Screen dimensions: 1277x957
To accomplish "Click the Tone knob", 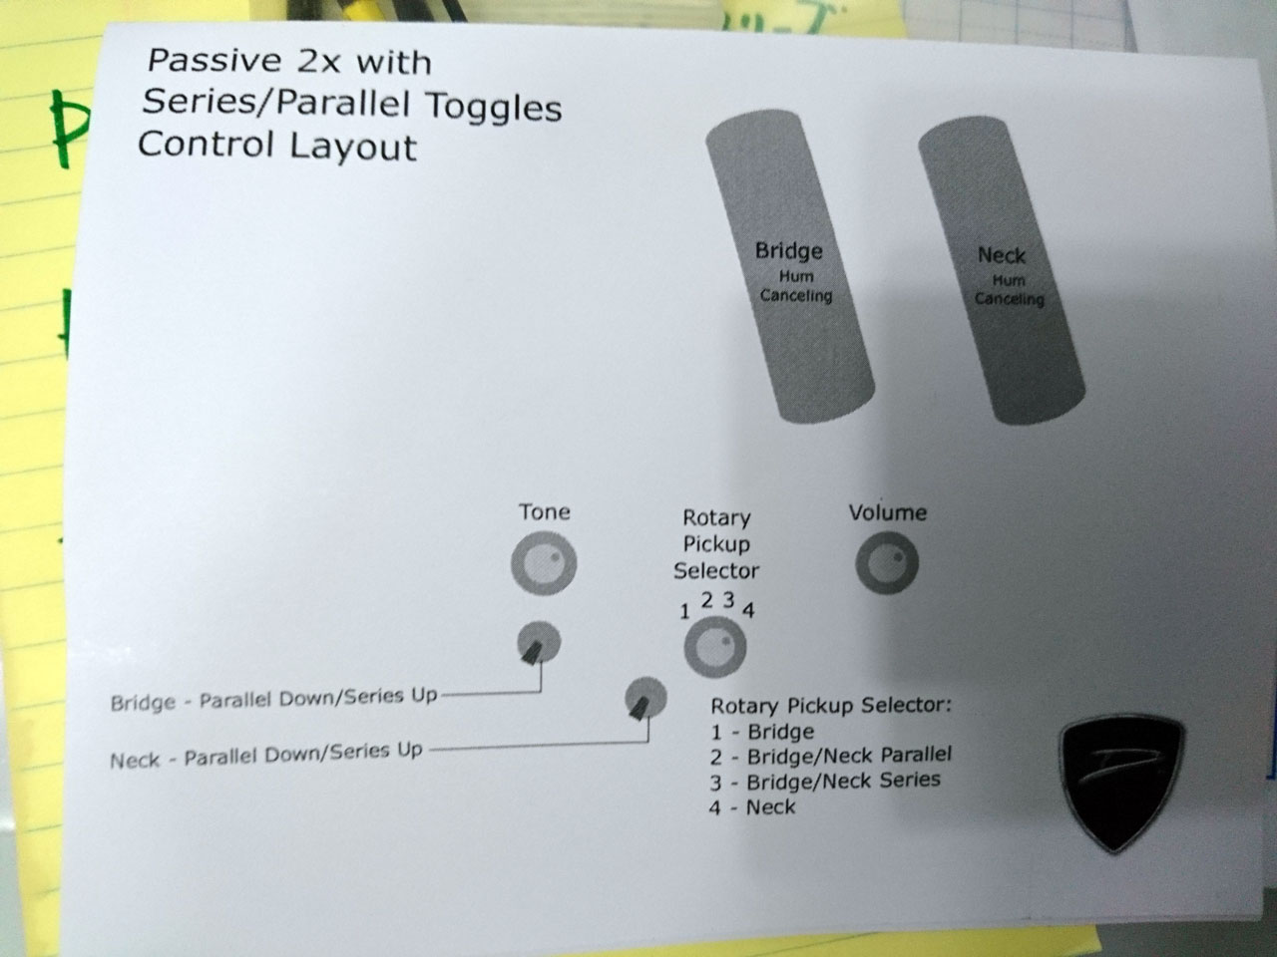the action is coord(544,563).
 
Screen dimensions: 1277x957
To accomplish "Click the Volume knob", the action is coord(887,563).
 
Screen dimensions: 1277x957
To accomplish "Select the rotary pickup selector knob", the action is coord(715,647).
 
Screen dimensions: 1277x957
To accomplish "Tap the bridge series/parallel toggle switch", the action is coord(539,643).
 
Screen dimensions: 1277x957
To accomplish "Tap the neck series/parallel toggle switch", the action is coord(645,698).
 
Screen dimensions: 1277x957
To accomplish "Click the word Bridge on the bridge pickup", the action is coord(789,250).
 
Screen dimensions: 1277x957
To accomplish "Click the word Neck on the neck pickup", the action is coord(1002,255).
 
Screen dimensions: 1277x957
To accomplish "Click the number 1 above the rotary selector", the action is coord(684,611).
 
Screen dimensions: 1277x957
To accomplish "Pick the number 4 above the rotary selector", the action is coord(749,610).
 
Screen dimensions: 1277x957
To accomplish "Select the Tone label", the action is coord(545,512).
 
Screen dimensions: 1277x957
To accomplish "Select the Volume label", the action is coord(888,512).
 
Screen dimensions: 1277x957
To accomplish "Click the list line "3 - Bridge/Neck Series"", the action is coord(825,781).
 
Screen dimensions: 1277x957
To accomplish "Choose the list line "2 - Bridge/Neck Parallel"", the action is coord(831,756).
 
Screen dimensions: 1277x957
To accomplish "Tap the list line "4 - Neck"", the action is coord(752,807).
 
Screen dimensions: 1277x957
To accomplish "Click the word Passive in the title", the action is coord(214,61).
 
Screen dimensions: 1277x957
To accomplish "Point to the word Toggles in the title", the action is coord(494,107).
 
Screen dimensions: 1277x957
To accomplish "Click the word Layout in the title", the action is coord(352,147).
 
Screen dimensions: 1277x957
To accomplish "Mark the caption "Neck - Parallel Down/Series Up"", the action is coord(265,755).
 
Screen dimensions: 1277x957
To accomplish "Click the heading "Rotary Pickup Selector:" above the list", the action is coord(831,706).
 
